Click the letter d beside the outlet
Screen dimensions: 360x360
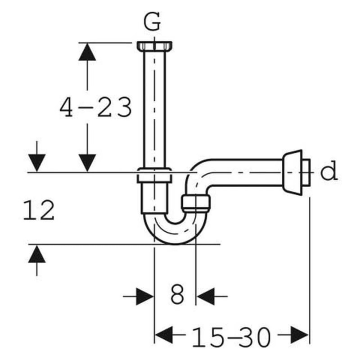329,172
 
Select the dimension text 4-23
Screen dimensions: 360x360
96,108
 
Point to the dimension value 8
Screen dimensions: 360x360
177,296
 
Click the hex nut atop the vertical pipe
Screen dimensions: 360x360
154,46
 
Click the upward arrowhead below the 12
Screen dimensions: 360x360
37,255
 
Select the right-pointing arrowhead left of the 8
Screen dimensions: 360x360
145,297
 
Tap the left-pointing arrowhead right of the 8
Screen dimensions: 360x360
205,297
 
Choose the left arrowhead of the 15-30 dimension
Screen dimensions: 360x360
164,335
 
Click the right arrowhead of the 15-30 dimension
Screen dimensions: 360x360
300,335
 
